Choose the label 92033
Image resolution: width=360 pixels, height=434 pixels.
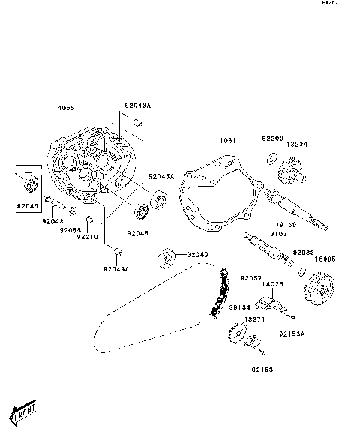tap(303, 253)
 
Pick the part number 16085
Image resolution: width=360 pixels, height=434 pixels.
tap(325, 259)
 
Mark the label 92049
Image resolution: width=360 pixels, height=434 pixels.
tap(197, 255)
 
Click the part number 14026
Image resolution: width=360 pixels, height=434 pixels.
tap(273, 284)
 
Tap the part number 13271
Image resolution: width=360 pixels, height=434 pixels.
tap(253, 319)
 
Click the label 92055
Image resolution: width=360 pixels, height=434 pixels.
tap(71, 230)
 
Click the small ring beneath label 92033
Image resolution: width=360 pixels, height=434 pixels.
tap(301, 269)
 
